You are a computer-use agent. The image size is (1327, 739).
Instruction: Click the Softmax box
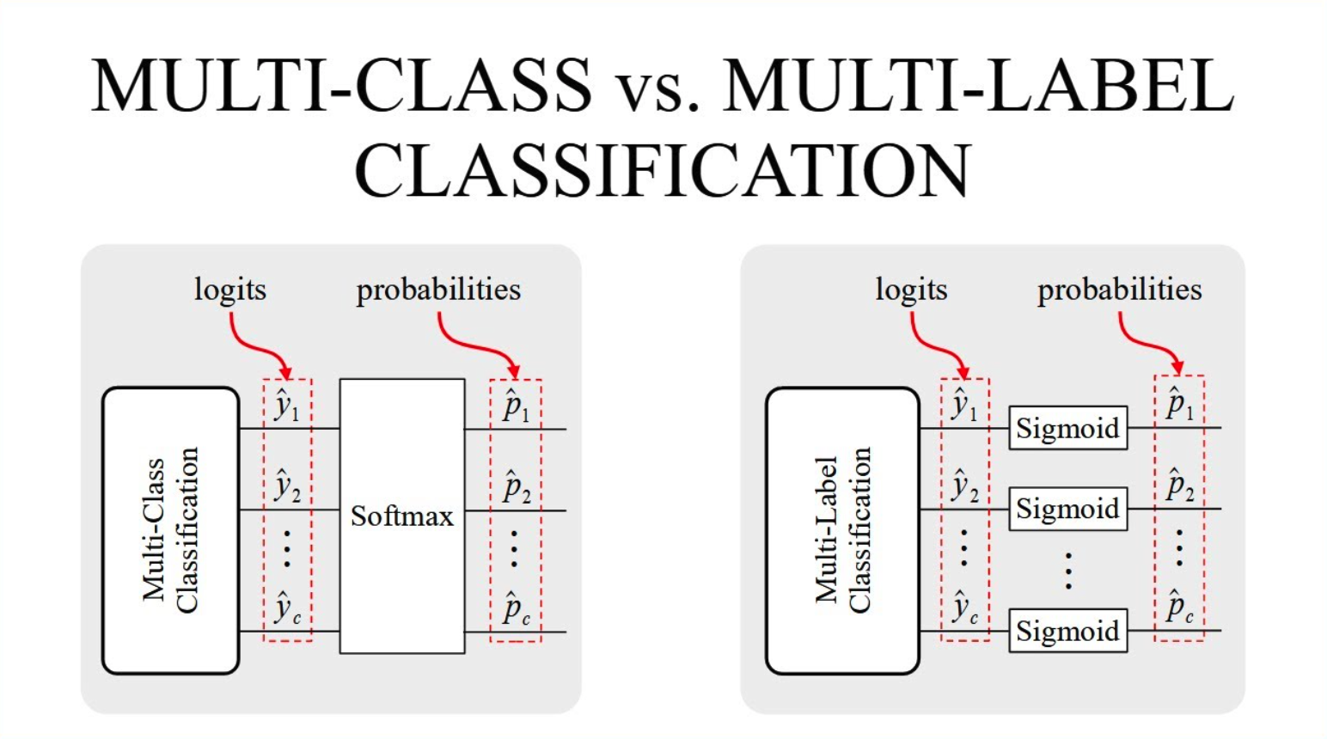click(402, 516)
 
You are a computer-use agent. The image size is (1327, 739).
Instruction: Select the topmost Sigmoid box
click(1068, 428)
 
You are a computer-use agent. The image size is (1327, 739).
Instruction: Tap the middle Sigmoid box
click(1068, 509)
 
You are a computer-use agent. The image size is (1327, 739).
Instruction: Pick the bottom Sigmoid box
click(1068, 631)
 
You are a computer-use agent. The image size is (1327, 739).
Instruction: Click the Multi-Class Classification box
click(171, 530)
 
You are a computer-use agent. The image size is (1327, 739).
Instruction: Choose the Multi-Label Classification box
click(842, 530)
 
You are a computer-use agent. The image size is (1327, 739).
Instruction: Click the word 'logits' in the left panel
click(230, 290)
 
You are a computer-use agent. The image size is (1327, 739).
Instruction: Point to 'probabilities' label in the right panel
click(1120, 290)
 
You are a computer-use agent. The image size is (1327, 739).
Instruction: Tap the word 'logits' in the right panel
click(911, 290)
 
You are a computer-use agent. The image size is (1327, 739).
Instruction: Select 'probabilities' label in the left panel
click(438, 290)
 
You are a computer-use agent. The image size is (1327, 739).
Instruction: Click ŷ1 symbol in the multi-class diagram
click(287, 406)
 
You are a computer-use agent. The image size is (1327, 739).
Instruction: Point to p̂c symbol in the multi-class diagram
click(517, 609)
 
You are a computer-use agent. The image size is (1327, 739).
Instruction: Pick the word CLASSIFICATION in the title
click(663, 170)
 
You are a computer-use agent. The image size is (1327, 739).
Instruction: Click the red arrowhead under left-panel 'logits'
click(286, 371)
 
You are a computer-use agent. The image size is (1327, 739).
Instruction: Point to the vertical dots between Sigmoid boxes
click(1068, 571)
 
